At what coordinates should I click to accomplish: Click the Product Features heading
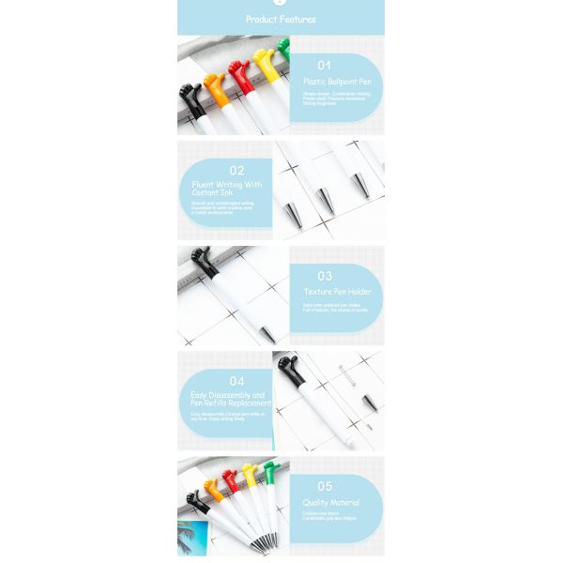click(x=281, y=19)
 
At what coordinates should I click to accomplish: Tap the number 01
click(x=325, y=65)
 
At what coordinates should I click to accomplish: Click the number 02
click(x=236, y=171)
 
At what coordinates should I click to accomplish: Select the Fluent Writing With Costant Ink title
click(x=227, y=189)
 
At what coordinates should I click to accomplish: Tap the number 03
click(x=325, y=276)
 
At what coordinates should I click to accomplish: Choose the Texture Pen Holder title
click(x=337, y=292)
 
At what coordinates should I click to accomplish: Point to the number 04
click(x=236, y=381)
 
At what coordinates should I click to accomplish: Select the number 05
click(x=325, y=486)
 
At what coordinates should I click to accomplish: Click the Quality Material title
click(x=330, y=503)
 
